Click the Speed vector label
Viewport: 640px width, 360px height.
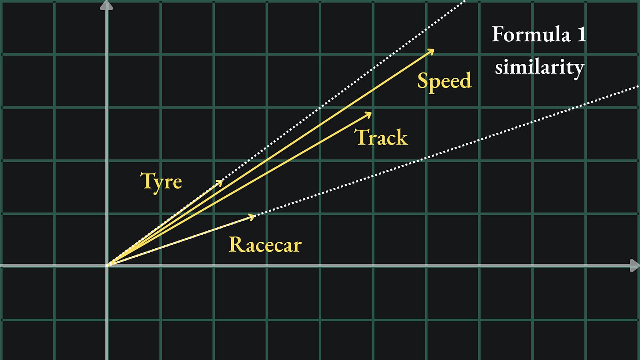click(444, 81)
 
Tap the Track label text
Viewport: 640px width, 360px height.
click(381, 138)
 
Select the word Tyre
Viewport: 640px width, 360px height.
click(161, 181)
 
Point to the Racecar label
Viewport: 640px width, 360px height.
click(265, 244)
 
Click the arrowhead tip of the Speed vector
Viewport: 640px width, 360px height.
click(433, 50)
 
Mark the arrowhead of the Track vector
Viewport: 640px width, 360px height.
click(371, 113)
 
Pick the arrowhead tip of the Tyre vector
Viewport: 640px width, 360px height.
click(222, 181)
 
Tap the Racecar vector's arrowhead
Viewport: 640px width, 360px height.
click(254, 215)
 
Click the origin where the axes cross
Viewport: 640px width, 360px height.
click(107, 265)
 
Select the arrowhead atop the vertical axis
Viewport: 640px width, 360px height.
click(106, 5)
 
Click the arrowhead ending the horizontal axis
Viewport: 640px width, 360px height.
click(634, 265)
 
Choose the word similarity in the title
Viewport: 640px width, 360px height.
click(539, 67)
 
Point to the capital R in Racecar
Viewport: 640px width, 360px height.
click(236, 244)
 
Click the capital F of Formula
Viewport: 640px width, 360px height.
click(498, 34)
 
